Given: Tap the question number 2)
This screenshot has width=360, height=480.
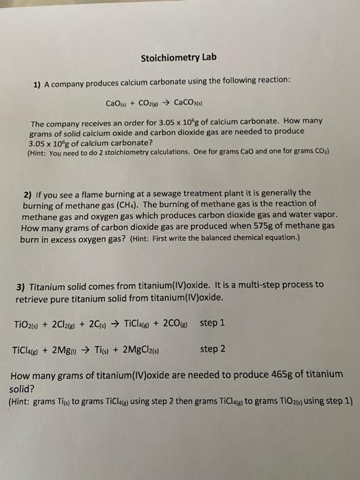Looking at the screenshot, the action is coord(28,193).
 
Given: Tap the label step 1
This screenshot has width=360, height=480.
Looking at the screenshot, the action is coord(213,322).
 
